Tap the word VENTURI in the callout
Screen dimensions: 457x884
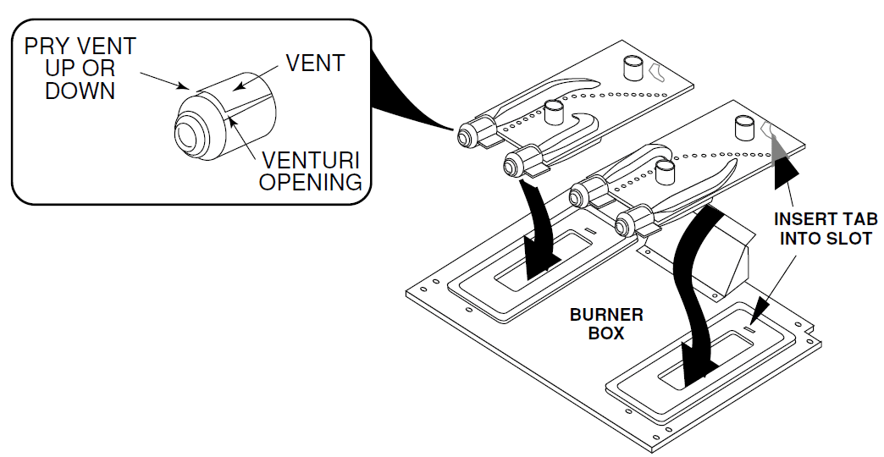tap(310, 159)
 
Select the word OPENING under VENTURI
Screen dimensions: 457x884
tap(310, 181)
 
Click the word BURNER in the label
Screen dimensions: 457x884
tap(605, 315)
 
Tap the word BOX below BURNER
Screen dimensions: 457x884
tap(606, 333)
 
